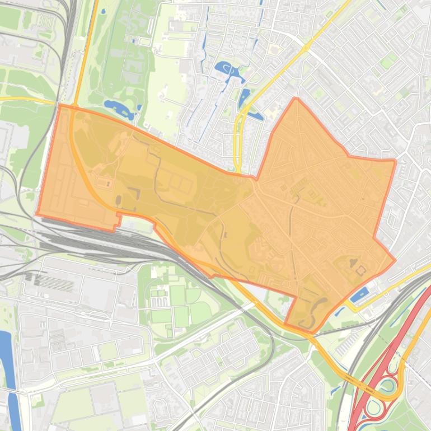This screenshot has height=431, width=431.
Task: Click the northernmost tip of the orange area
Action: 296,99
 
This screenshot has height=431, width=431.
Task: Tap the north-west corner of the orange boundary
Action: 59,105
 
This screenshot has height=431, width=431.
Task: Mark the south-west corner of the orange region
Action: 38,214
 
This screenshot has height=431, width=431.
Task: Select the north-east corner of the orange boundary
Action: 395,161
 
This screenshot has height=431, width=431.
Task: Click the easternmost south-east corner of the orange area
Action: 395,260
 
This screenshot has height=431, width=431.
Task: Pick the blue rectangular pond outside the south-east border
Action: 359,294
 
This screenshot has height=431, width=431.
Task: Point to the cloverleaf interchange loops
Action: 386,386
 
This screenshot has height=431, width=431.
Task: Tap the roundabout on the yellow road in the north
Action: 307,48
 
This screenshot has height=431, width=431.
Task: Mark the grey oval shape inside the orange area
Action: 118,200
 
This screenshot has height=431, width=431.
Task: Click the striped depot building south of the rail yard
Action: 56,283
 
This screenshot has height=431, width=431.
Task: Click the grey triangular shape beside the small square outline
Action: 353,261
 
